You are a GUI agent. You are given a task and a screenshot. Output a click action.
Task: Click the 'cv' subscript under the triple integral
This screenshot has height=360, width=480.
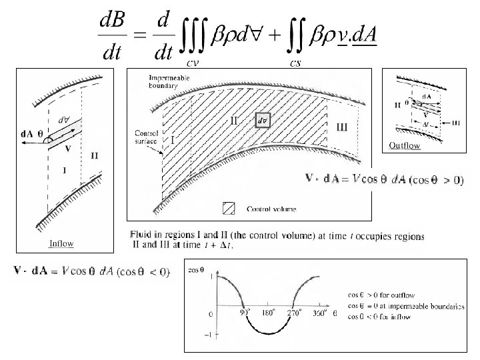(x=193, y=63)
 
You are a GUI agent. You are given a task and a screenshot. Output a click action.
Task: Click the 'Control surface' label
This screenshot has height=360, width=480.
(x=145, y=137)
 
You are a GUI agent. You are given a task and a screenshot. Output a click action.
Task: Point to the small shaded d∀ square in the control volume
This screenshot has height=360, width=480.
(x=262, y=121)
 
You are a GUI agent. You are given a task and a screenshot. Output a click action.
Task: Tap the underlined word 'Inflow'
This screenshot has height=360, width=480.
(x=61, y=244)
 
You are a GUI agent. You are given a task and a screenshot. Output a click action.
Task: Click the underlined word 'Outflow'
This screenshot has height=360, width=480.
(x=405, y=145)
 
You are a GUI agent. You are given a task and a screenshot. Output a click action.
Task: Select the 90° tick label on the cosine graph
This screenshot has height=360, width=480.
(x=245, y=311)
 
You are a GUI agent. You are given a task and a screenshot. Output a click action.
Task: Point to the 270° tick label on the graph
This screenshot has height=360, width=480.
(x=295, y=311)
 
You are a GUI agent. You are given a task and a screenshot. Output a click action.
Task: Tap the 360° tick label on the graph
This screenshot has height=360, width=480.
(x=319, y=311)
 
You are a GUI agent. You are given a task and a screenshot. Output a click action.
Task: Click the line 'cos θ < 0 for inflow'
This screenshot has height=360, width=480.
(x=380, y=317)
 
